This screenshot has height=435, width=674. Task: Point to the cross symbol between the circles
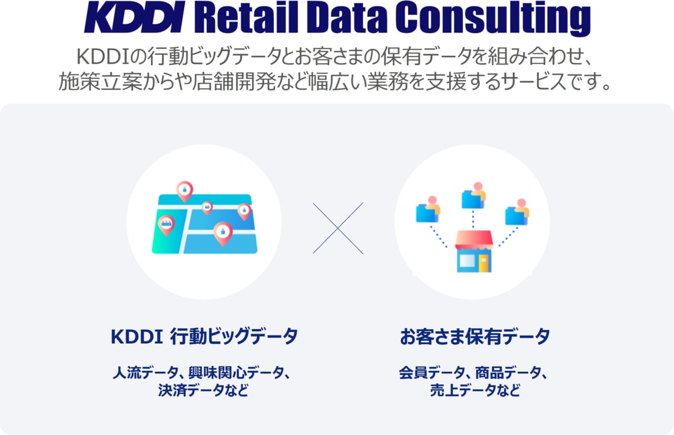pos(338,228)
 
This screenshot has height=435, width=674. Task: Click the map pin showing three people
pos(166,224)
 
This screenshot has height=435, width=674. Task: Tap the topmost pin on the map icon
pos(184,191)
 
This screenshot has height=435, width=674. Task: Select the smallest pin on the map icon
pos(207,207)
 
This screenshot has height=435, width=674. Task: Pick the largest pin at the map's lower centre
pos(223,232)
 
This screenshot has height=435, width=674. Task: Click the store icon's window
pos(466,261)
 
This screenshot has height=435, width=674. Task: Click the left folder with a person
pos(427,212)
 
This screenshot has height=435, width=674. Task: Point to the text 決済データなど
pos(203,391)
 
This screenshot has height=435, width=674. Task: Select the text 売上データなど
pos(474,391)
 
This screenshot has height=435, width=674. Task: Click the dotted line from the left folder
pos(439,236)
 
